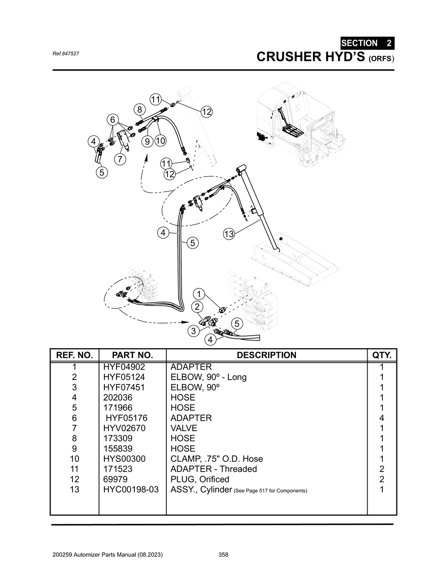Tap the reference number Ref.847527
65,54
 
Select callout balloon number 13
229,234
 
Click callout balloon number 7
120,159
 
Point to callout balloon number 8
139,109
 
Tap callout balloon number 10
160,141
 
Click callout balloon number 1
199,294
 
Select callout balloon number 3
193,331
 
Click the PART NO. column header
132,355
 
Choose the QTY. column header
382,355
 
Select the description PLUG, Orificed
199,479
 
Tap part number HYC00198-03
131,490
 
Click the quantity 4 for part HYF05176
382,418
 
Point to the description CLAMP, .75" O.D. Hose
217,459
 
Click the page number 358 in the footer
223,555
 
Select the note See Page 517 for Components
271,491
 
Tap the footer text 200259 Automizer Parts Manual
107,555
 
